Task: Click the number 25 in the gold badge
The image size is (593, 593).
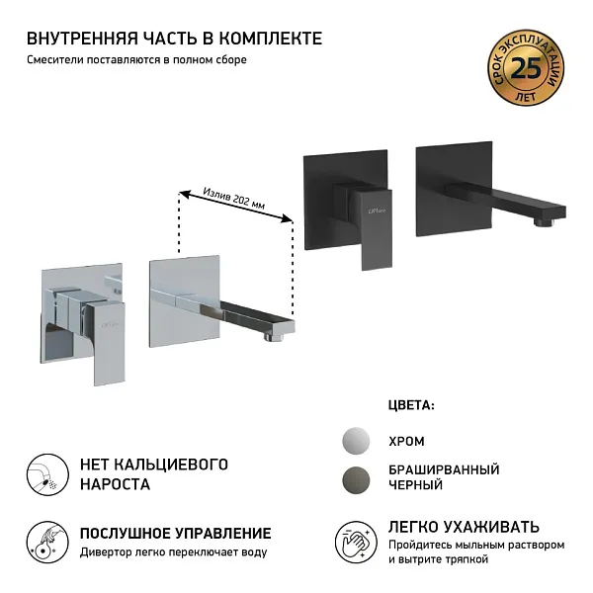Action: pyautogui.click(x=529, y=70)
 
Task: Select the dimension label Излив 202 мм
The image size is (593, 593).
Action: pyautogui.click(x=234, y=198)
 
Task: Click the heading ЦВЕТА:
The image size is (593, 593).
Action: pyautogui.click(x=412, y=405)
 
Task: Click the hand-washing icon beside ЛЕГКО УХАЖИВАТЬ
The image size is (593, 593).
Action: pyautogui.click(x=357, y=542)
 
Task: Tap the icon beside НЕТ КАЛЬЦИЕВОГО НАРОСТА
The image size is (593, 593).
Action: pyautogui.click(x=42, y=474)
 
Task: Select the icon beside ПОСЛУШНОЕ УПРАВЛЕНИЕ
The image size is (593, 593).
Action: pyautogui.click(x=42, y=542)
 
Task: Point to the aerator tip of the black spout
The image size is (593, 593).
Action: pyautogui.click(x=542, y=221)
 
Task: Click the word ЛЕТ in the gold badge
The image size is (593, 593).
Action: pyautogui.click(x=529, y=95)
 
